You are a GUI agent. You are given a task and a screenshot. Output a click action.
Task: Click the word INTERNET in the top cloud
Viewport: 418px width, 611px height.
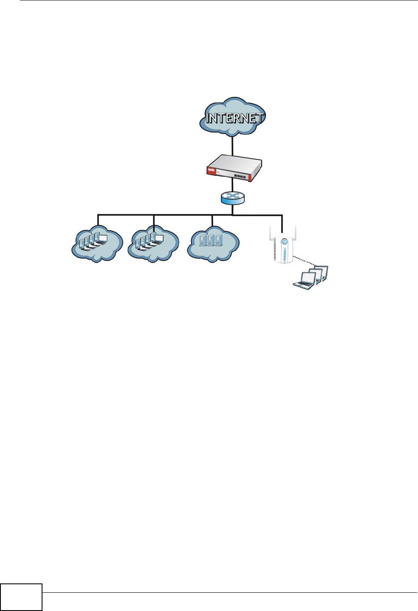234,118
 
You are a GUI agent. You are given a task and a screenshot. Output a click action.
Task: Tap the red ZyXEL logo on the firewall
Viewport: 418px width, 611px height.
211,171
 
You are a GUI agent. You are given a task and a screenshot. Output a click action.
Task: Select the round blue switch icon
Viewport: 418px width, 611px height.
233,198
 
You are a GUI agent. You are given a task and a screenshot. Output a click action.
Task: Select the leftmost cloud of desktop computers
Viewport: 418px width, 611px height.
97,245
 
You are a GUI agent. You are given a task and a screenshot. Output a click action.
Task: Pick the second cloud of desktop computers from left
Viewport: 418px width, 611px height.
153,245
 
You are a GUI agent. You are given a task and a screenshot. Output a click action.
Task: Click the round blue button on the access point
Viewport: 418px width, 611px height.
285,242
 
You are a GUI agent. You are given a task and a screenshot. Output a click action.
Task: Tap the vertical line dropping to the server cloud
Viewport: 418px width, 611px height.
212,221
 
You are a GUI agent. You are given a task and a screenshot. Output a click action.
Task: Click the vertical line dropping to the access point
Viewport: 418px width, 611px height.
282,223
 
